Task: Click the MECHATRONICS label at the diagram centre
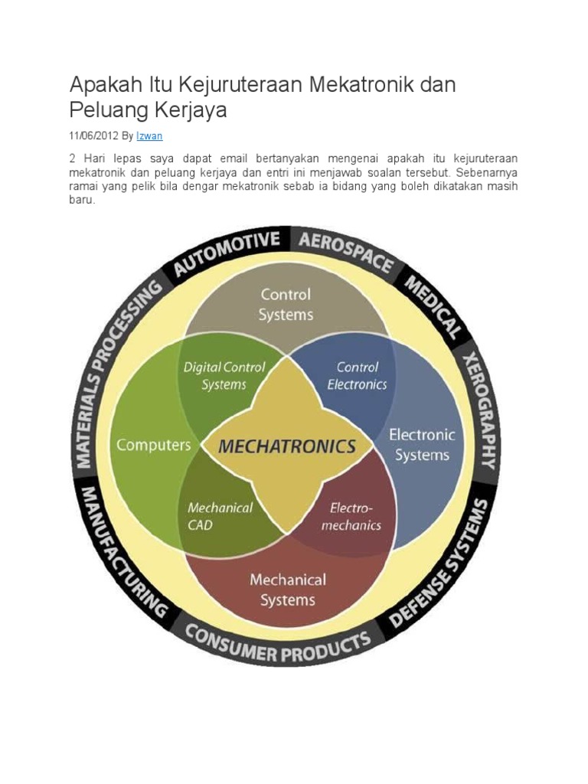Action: point(287,446)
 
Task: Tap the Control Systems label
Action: point(286,304)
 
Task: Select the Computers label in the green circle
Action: point(153,445)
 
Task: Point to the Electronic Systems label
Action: point(422,445)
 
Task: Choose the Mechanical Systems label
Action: point(287,590)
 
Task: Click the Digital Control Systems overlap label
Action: point(224,375)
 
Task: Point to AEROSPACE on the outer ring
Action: point(345,253)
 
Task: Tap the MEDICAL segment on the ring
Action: point(433,307)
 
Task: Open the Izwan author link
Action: point(149,136)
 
